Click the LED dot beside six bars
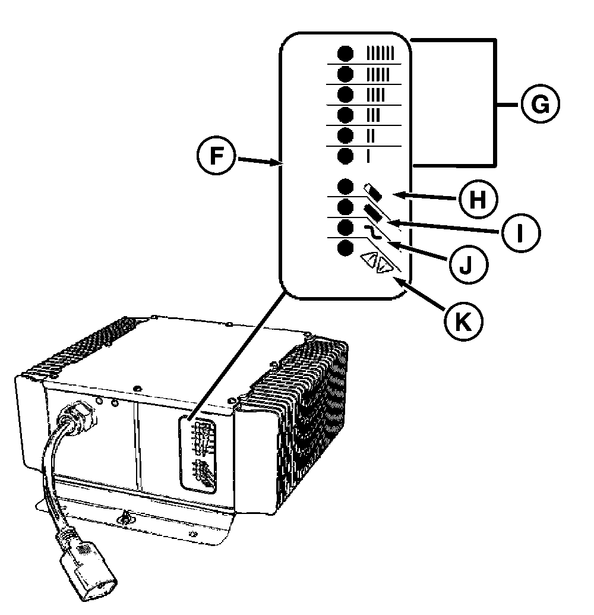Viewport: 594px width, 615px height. (x=345, y=54)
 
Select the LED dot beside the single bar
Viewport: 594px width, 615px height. (x=345, y=156)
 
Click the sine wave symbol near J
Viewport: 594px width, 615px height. (x=372, y=232)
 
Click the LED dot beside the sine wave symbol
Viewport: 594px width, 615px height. (x=345, y=228)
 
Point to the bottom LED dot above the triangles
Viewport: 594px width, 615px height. (x=345, y=248)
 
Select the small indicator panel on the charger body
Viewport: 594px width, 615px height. (x=200, y=455)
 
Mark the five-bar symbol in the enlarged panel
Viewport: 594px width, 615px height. (x=377, y=75)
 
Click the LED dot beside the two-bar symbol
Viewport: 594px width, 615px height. (x=345, y=135)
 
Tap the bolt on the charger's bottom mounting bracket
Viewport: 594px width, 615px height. (x=125, y=518)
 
